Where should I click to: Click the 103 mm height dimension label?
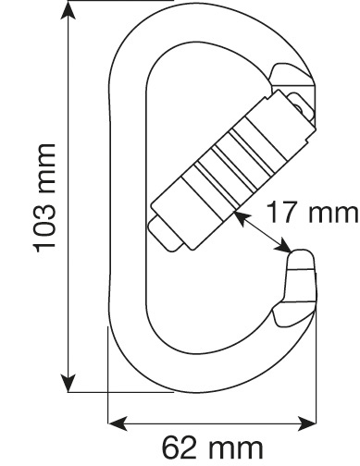tap(45, 198)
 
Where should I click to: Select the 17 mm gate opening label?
tap(312, 212)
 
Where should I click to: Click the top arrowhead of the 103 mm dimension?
tap(68, 12)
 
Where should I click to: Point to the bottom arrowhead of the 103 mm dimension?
tap(68, 383)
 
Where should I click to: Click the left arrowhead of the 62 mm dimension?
tap(118, 423)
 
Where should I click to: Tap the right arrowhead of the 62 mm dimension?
tap(306, 423)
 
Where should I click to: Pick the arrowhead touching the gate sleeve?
tap(242, 218)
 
